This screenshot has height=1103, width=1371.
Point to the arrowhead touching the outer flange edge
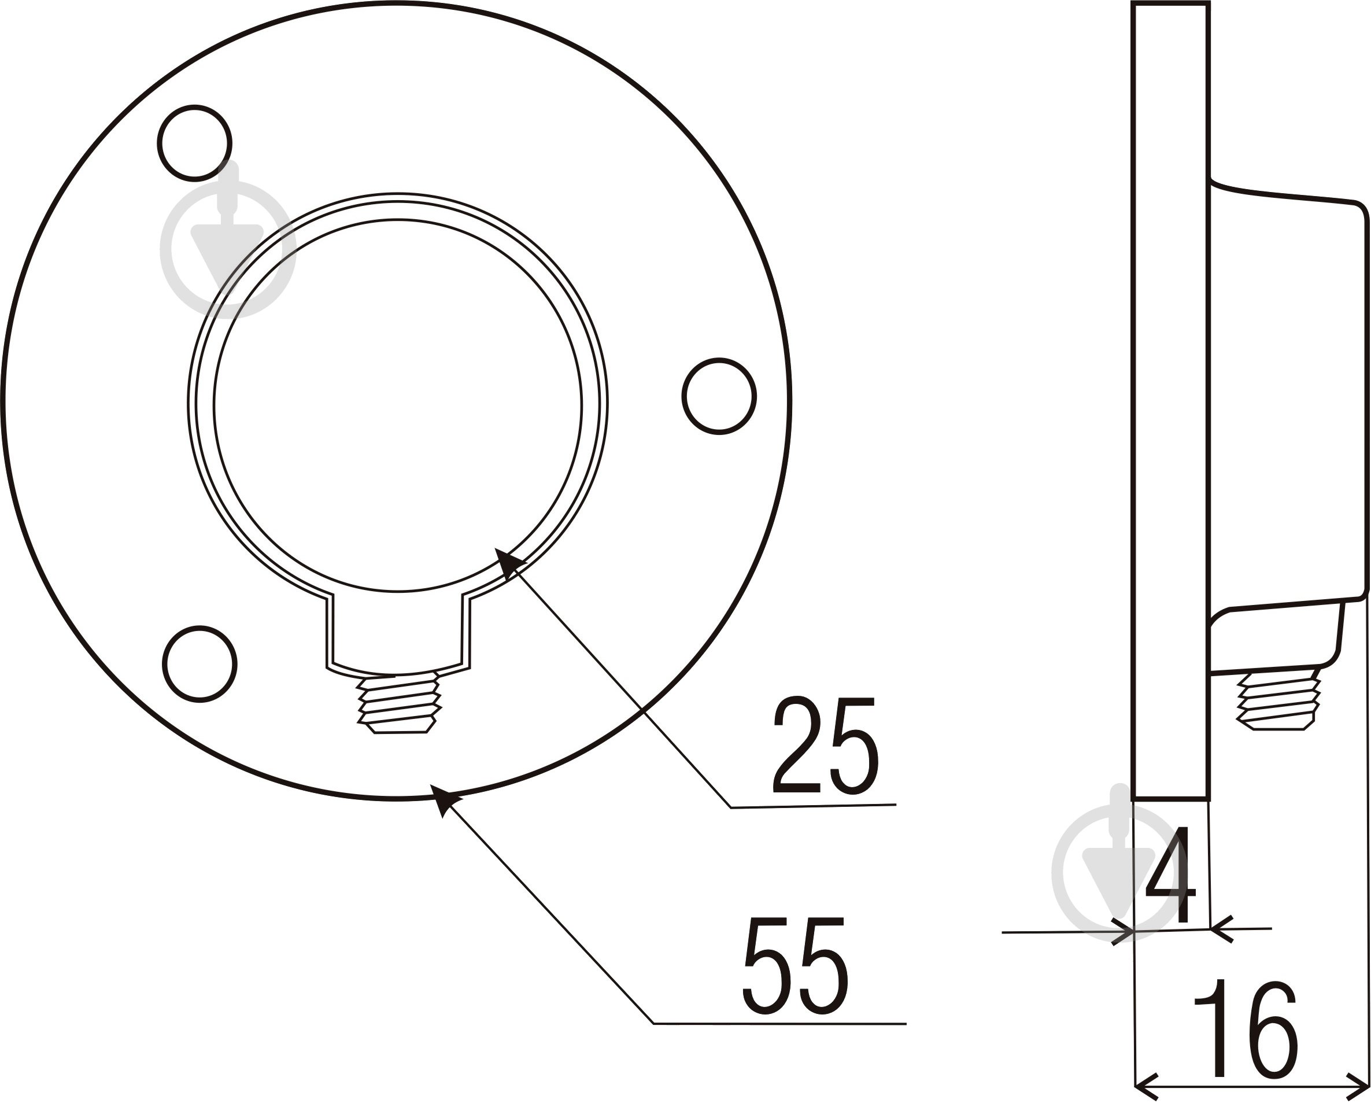446,801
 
